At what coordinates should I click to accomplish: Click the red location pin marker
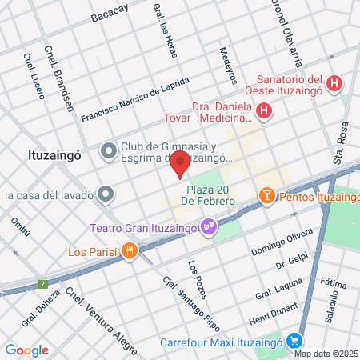coord(180,162)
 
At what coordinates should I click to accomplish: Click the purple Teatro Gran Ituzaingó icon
coord(208,226)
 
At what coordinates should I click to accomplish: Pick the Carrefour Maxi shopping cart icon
coord(294,339)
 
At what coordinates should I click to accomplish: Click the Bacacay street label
coord(110,14)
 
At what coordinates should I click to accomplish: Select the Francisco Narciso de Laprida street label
coord(135,99)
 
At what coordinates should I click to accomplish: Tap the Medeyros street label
coord(229,65)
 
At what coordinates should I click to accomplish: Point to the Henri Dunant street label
coord(274,314)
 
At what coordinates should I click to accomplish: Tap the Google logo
coord(26,350)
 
